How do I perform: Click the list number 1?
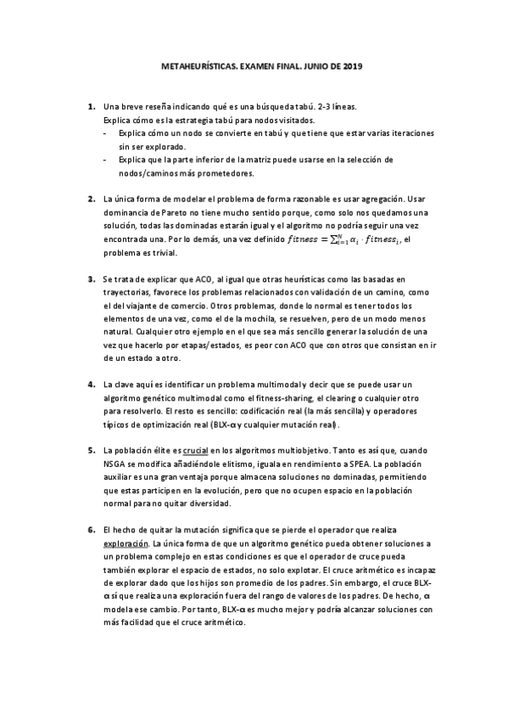91,108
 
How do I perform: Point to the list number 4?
91,384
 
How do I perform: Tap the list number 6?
91,531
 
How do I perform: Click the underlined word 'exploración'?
125,543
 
